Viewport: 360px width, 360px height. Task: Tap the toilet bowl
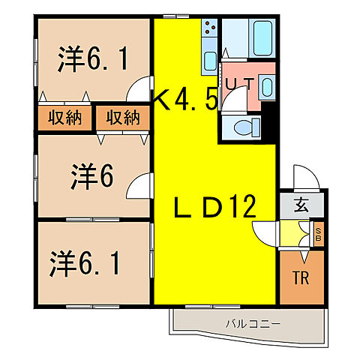tap(241, 127)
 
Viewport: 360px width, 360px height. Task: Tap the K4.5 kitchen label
tap(186, 99)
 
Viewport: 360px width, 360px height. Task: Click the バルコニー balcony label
tap(252, 325)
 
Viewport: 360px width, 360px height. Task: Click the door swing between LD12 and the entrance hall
tap(267, 232)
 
